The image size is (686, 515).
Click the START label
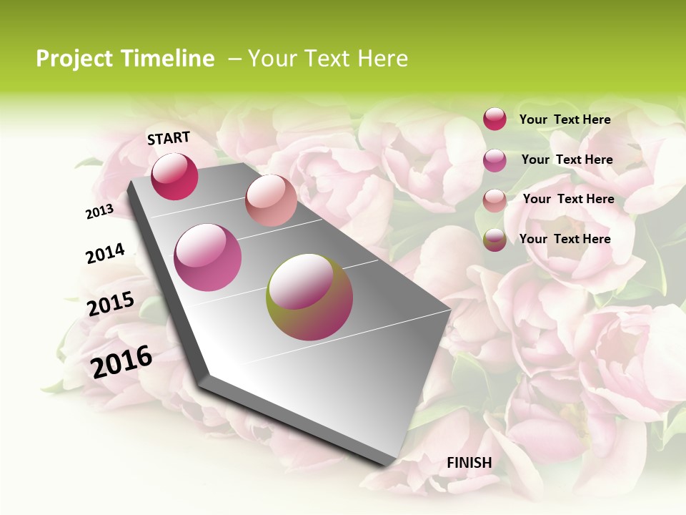[x=169, y=138]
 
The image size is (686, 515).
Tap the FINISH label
[x=469, y=463]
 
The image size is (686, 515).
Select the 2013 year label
[x=99, y=211]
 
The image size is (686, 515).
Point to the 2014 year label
[x=105, y=254]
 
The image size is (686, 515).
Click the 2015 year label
[x=110, y=304]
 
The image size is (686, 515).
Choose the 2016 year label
[x=121, y=361]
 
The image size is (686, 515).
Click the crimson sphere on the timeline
[x=174, y=177]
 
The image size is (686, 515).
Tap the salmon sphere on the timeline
[x=271, y=200]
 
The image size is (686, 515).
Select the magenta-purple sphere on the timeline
[x=207, y=257]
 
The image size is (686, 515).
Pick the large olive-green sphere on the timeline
[x=309, y=297]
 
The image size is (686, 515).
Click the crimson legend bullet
[x=494, y=119]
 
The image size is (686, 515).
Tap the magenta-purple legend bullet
[x=494, y=160]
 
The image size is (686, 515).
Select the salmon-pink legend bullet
[x=494, y=200]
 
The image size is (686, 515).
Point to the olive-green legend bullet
[x=494, y=240]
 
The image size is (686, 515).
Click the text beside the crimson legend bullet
[x=565, y=119]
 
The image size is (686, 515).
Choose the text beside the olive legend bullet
[x=565, y=239]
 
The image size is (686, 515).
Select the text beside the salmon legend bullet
[x=568, y=199]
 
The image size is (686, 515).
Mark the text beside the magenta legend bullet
[x=567, y=160]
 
